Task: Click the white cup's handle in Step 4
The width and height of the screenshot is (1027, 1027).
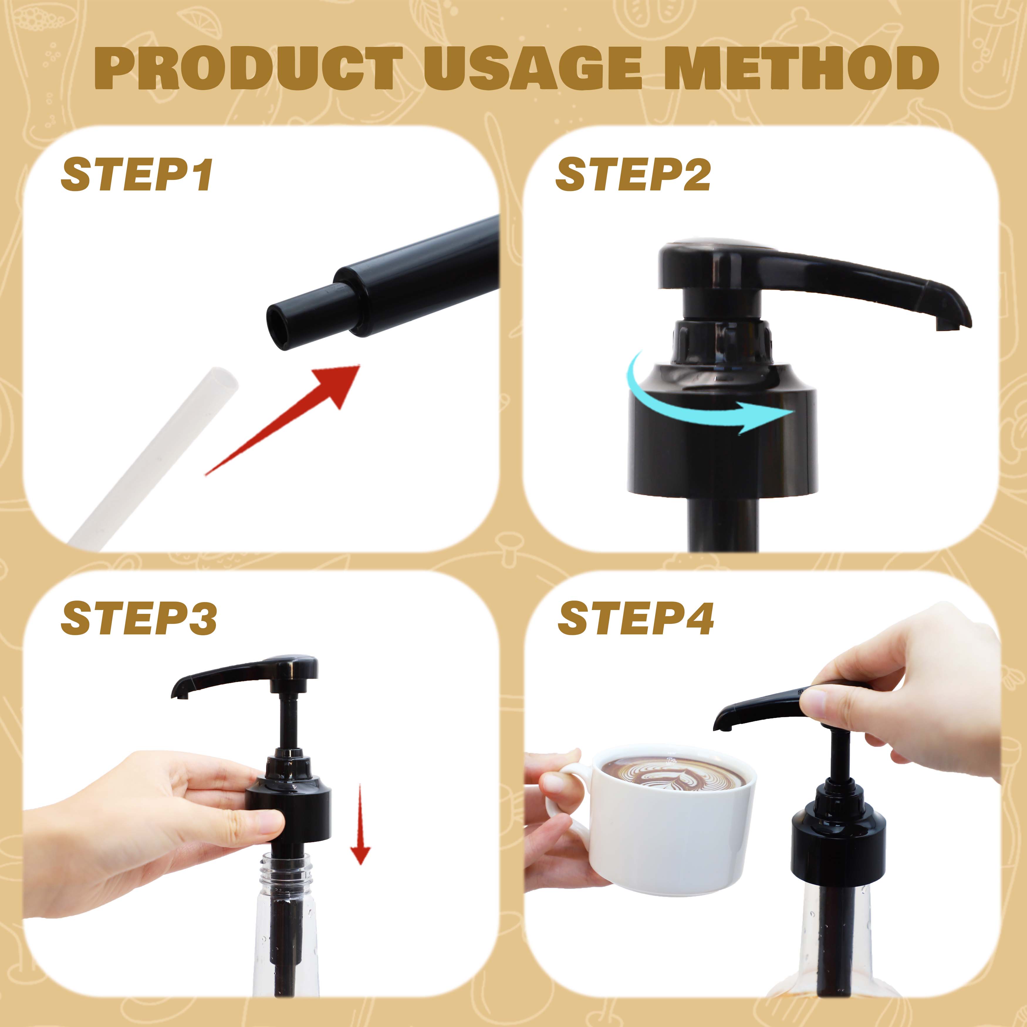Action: click(x=566, y=797)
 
